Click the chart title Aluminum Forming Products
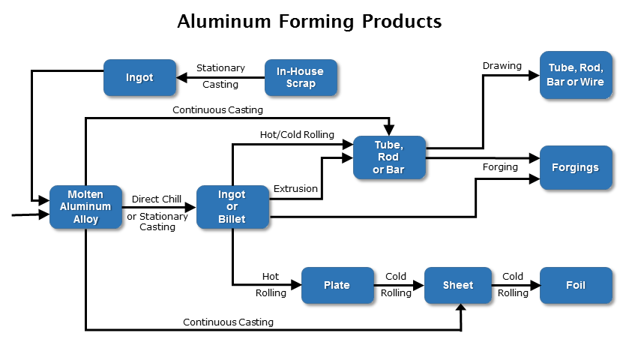click(309, 22)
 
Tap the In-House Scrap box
click(301, 77)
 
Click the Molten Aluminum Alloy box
click(86, 206)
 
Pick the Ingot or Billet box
click(232, 206)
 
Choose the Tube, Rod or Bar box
click(389, 157)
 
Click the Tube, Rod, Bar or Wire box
click(576, 75)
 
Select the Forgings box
click(576, 167)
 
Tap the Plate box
click(337, 285)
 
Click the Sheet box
click(458, 285)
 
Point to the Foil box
click(576, 285)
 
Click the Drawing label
click(502, 66)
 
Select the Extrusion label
click(295, 188)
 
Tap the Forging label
click(500, 166)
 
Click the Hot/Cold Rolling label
click(297, 134)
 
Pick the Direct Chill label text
click(157, 199)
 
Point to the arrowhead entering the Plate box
click(296, 285)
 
